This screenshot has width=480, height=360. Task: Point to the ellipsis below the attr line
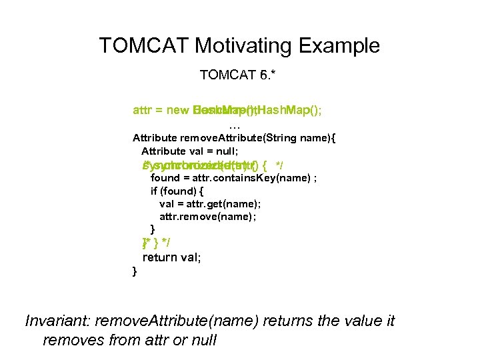pyautogui.click(x=233, y=125)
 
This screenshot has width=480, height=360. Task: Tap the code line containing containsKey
pyautogui.click(x=233, y=178)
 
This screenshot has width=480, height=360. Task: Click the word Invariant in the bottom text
pyautogui.click(x=57, y=321)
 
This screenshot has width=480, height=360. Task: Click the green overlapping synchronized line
pyautogui.click(x=207, y=165)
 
